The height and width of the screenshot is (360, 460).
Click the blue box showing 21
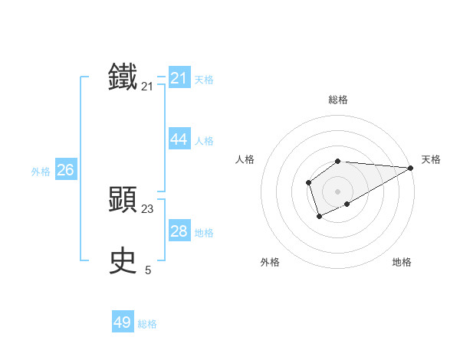coord(179,78)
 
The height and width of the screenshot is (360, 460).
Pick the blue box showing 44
coord(179,139)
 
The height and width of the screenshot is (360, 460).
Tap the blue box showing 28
coord(179,231)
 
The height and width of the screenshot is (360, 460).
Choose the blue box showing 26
coord(65,169)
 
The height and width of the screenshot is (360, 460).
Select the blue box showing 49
coord(123,322)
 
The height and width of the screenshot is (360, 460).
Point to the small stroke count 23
coord(147,208)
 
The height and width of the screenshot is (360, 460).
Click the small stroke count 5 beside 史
coord(148,270)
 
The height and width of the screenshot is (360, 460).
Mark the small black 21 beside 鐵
coord(147,87)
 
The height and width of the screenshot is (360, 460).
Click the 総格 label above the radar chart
coord(338,100)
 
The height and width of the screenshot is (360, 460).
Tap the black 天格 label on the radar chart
coord(431,159)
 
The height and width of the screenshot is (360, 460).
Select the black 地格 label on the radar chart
coord(402,262)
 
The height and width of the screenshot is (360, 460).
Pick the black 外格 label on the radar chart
coord(270,262)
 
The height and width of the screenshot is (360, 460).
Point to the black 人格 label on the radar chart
coord(245,159)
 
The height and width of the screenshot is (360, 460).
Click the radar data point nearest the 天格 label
coord(411,168)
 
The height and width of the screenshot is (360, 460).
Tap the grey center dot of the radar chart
coord(338,191)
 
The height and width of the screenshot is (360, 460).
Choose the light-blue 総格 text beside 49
coord(147,324)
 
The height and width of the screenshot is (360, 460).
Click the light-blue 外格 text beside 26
coord(41,172)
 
